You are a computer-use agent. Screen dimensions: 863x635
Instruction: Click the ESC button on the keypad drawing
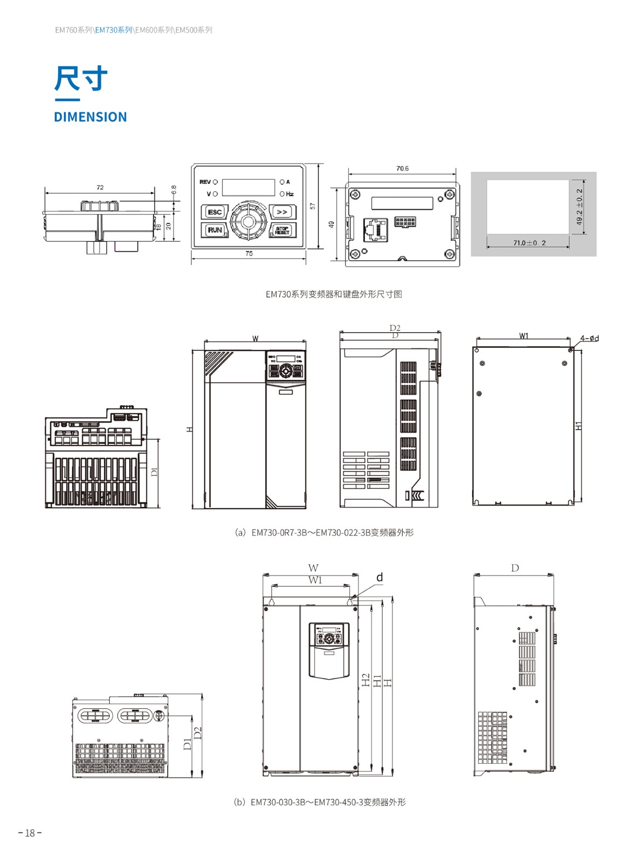tap(215, 212)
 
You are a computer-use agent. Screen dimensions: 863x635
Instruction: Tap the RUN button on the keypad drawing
tap(215, 230)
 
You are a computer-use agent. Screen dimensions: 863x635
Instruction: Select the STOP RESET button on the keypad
tap(282, 230)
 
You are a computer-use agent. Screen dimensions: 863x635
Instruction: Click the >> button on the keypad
tap(282, 212)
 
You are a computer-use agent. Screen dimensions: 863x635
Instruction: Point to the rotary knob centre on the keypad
tap(248, 221)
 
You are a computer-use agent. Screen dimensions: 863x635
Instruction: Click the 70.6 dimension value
tap(402, 169)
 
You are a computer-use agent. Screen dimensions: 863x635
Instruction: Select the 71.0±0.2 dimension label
tap(529, 243)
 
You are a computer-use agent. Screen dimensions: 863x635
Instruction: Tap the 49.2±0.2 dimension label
tap(579, 207)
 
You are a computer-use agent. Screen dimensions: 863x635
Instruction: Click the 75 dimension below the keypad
tap(249, 254)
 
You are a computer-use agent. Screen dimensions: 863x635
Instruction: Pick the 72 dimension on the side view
tap(100, 188)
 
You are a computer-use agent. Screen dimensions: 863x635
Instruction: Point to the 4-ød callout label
tap(589, 339)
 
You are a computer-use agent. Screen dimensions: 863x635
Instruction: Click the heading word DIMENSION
tap(91, 117)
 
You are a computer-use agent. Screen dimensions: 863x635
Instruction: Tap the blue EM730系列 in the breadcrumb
tap(114, 30)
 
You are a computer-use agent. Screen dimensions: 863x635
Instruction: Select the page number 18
tap(30, 833)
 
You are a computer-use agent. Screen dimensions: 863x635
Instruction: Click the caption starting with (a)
tap(324, 532)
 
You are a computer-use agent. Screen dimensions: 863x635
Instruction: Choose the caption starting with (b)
tap(320, 802)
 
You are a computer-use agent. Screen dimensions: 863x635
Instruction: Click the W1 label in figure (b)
tap(315, 580)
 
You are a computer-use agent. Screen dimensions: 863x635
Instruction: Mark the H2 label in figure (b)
tap(365, 680)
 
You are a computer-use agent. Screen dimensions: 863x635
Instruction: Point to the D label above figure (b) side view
tap(515, 568)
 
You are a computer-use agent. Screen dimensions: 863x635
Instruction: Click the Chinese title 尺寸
tap(81, 79)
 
